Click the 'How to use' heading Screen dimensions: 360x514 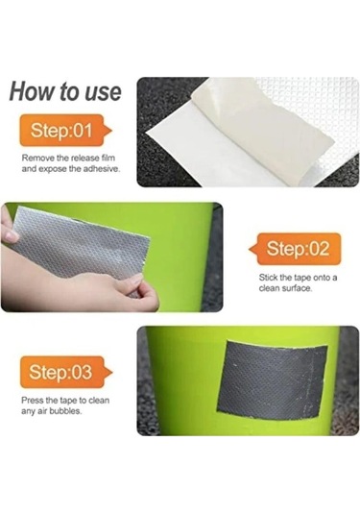(x=65, y=91)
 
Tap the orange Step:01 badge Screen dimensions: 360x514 (x=65, y=130)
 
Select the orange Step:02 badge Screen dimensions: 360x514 (x=295, y=249)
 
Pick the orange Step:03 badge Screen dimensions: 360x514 (x=66, y=372)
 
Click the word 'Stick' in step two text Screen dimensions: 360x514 (x=268, y=278)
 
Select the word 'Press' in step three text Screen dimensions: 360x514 (x=33, y=401)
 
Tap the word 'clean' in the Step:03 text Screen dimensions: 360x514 (x=99, y=401)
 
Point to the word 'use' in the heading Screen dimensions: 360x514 (x=103, y=93)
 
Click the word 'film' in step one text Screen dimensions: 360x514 (x=108, y=158)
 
